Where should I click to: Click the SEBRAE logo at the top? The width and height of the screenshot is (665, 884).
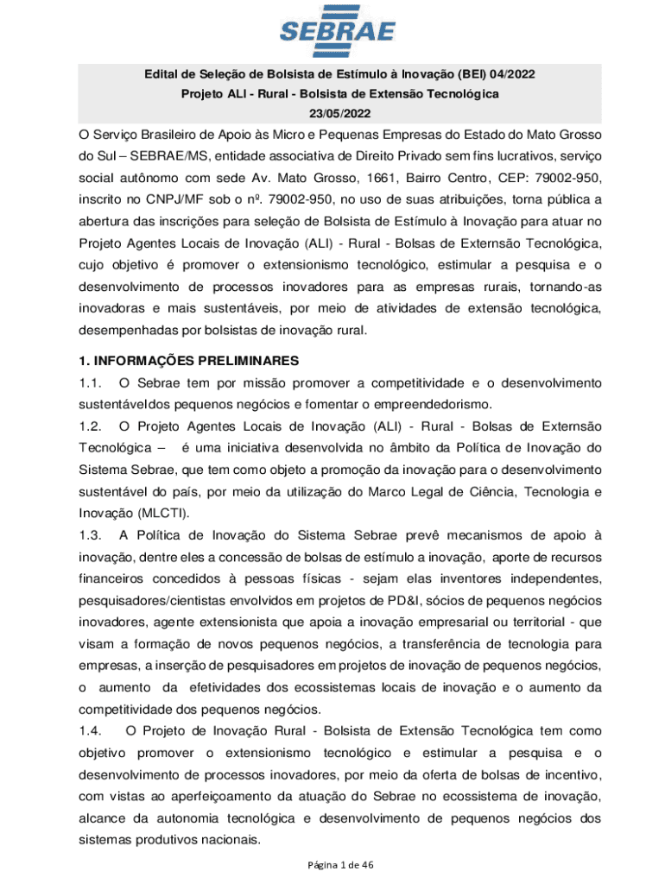(337, 34)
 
